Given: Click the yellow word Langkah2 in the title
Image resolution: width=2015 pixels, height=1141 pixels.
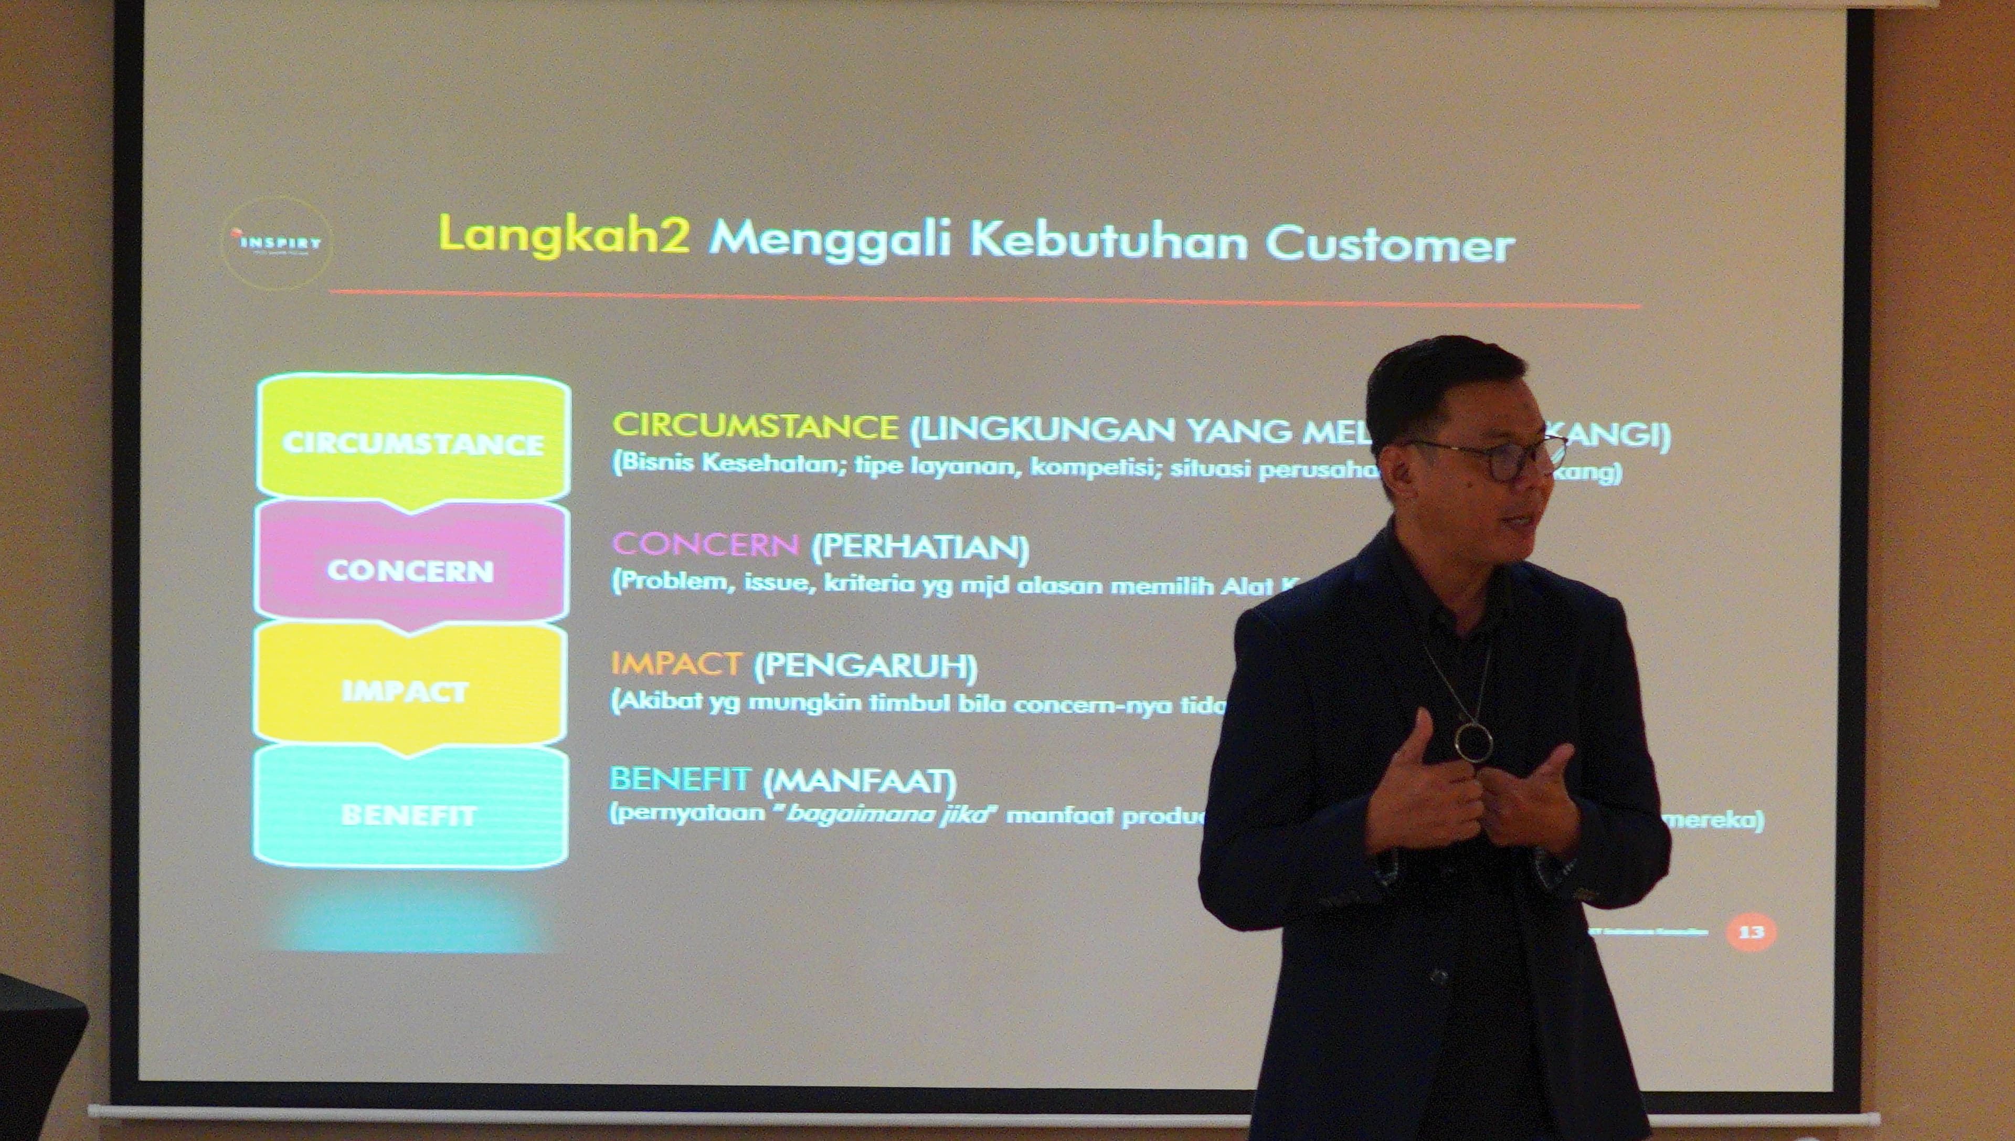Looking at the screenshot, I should (564, 234).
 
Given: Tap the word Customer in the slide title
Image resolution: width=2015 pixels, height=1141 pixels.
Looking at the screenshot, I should (1389, 245).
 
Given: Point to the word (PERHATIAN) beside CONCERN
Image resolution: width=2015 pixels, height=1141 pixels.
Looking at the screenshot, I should (920, 548).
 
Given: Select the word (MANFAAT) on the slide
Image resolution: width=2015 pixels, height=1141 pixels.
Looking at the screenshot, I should (860, 780).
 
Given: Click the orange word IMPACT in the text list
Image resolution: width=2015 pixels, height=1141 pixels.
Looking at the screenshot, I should (675, 664).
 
